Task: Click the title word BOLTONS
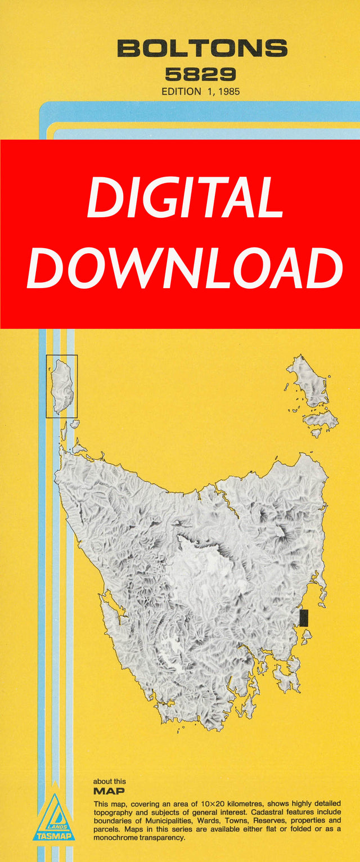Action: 202,49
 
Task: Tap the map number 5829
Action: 200,74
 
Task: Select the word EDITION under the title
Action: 181,91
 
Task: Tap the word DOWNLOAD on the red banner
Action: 184,268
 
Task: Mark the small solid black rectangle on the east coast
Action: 304,618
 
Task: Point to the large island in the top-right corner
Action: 308,383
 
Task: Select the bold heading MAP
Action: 110,791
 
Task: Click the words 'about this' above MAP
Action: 110,782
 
